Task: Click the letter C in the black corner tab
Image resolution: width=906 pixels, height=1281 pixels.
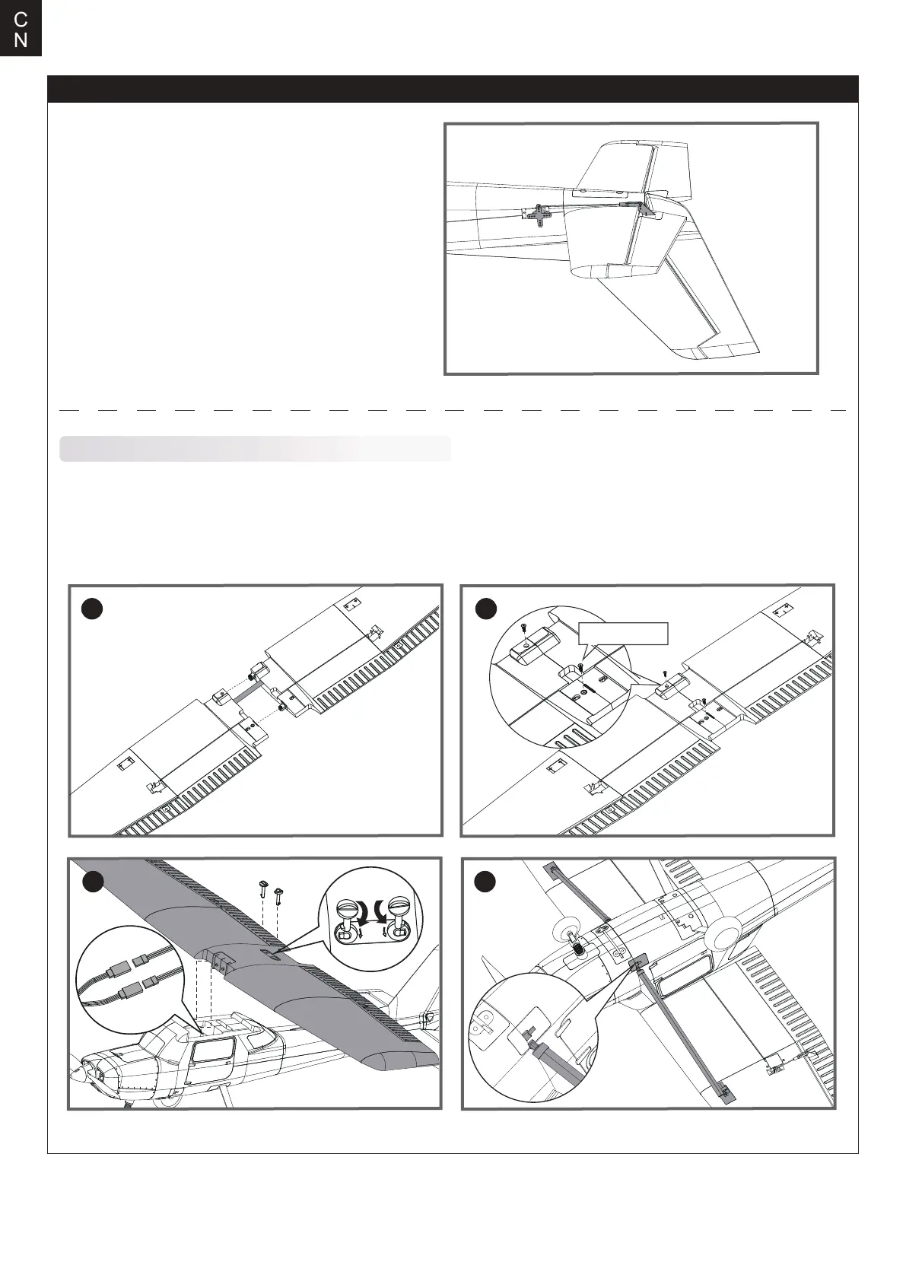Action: (x=21, y=18)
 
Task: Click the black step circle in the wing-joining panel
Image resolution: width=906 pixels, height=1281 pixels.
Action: (x=92, y=610)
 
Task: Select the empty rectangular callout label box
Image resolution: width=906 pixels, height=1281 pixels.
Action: (x=624, y=634)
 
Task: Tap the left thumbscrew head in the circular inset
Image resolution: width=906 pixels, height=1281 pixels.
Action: (x=347, y=908)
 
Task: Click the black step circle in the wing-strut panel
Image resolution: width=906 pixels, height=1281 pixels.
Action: (x=485, y=882)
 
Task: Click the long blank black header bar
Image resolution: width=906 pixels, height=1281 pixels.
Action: (x=453, y=89)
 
